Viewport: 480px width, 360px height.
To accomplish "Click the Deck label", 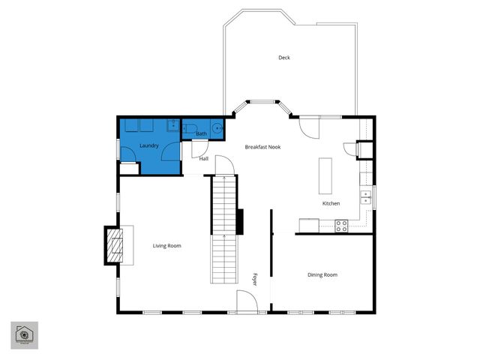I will pos(283,58).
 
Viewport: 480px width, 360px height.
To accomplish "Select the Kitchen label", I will pos(331,203).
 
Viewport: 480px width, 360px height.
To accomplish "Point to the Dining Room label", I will pos(322,274).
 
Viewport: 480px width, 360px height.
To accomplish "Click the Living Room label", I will pos(166,246).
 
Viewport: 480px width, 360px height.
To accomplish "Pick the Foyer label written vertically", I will pos(254,279).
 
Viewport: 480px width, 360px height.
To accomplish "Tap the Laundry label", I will pos(148,145).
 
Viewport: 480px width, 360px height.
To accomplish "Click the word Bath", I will pos(201,134).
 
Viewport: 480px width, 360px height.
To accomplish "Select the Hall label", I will pos(203,159).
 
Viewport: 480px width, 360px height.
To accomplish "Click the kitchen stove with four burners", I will pos(341,225).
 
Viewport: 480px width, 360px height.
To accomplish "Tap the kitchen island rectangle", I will pos(325,175).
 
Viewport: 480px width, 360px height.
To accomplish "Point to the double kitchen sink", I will pos(365,197).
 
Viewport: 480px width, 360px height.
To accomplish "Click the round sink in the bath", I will pos(217,127).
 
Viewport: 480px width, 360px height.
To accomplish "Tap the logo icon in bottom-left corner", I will pos(24,334).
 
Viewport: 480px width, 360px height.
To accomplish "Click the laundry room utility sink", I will pos(172,125).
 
